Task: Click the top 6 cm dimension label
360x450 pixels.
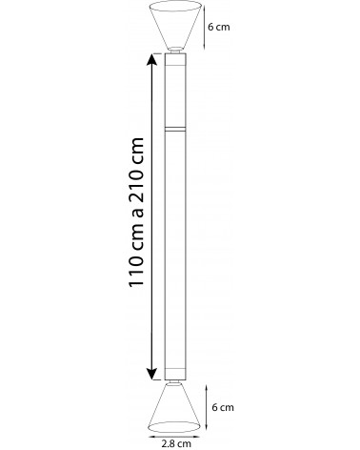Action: (218, 27)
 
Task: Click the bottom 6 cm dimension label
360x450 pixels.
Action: (223, 407)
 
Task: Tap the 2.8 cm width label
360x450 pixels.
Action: (176, 443)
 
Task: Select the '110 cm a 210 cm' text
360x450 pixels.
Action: (136, 212)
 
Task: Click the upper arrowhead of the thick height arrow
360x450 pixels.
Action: (152, 59)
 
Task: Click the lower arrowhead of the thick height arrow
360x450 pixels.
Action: (152, 374)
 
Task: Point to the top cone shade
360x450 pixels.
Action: (175, 25)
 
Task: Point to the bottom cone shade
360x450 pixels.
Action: (174, 408)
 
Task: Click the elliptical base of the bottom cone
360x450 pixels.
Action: (174, 432)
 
